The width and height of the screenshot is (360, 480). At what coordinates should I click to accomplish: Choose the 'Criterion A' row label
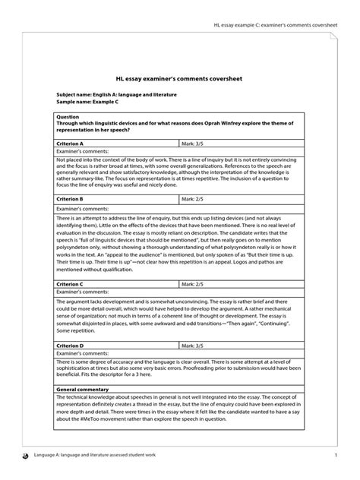(71, 142)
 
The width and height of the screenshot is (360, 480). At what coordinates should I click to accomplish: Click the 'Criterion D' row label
(71, 346)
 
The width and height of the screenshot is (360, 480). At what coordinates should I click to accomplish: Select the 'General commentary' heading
(84, 390)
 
